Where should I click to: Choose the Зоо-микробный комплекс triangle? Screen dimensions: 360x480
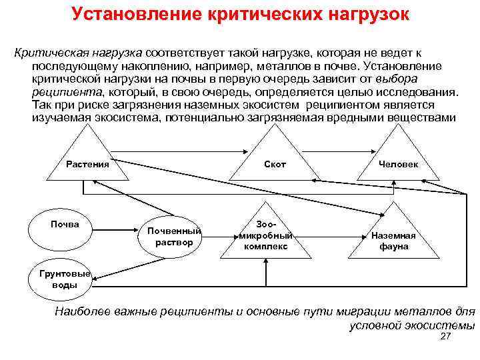266,235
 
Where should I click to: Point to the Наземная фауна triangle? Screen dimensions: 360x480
393,237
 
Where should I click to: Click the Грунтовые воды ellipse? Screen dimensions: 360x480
64,279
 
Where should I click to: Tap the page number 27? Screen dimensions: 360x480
446,339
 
